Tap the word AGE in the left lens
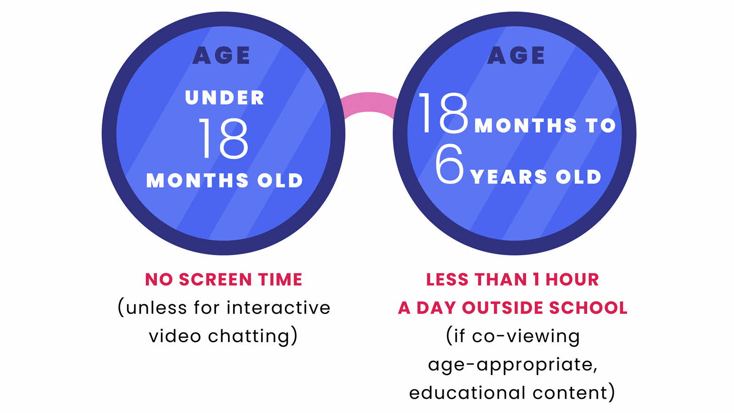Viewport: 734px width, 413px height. click(222, 56)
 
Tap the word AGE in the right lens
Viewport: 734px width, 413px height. click(516, 56)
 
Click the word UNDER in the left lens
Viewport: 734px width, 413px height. click(225, 98)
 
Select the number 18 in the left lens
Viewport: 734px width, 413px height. click(223, 139)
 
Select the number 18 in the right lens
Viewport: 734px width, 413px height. click(443, 113)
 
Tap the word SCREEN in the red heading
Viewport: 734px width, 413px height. click(215, 279)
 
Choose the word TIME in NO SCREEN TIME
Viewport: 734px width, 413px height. click(280, 279)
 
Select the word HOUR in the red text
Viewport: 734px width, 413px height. click(572, 279)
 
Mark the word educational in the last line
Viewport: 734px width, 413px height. click(467, 393)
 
